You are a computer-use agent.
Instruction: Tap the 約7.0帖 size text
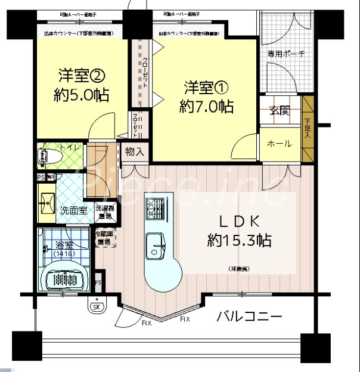pyautogui.click(x=206, y=107)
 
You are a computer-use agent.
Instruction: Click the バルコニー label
pyautogui.click(x=249, y=317)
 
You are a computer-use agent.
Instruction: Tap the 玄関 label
pyautogui.click(x=280, y=110)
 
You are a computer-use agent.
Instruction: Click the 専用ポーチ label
pyautogui.click(x=285, y=54)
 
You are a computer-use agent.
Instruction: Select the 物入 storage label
pyautogui.click(x=135, y=151)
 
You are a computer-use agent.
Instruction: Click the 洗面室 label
pyautogui.click(x=74, y=210)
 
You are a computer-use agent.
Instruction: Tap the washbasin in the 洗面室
pyautogui.click(x=46, y=203)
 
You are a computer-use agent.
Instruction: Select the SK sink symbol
pyautogui.click(x=96, y=307)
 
